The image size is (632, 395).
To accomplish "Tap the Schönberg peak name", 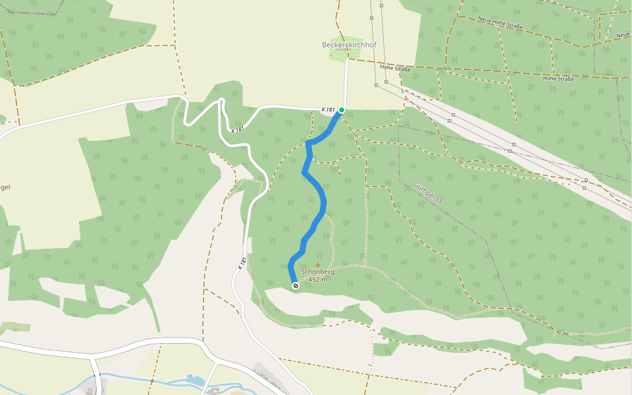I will point(317,271).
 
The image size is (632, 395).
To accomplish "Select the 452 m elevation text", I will point(317,279).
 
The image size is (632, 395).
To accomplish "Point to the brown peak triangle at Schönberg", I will point(317,265).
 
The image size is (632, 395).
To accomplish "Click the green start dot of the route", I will point(342,110).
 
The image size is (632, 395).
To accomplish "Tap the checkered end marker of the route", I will point(296,285).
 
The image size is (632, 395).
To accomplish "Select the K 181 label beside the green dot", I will point(329,109).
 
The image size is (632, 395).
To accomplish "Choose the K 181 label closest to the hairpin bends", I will point(238,129).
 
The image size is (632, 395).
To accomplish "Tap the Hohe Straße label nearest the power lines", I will point(395,68).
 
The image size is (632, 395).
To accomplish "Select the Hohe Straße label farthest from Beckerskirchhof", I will point(558,79).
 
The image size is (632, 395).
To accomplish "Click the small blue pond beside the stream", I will point(196,380).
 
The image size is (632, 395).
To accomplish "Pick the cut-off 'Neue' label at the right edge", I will point(623,34).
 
